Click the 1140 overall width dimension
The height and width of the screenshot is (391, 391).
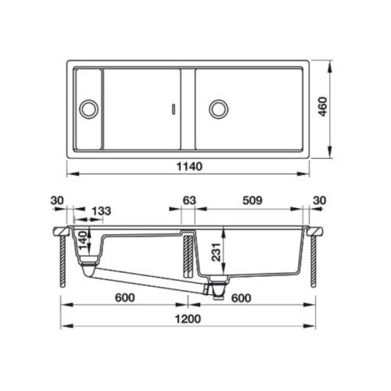pos(189,167)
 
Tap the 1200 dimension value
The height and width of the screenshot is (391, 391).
pos(189,319)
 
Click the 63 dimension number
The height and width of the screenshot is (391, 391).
pos(188,200)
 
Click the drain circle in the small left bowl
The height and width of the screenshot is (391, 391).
pos(88,106)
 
